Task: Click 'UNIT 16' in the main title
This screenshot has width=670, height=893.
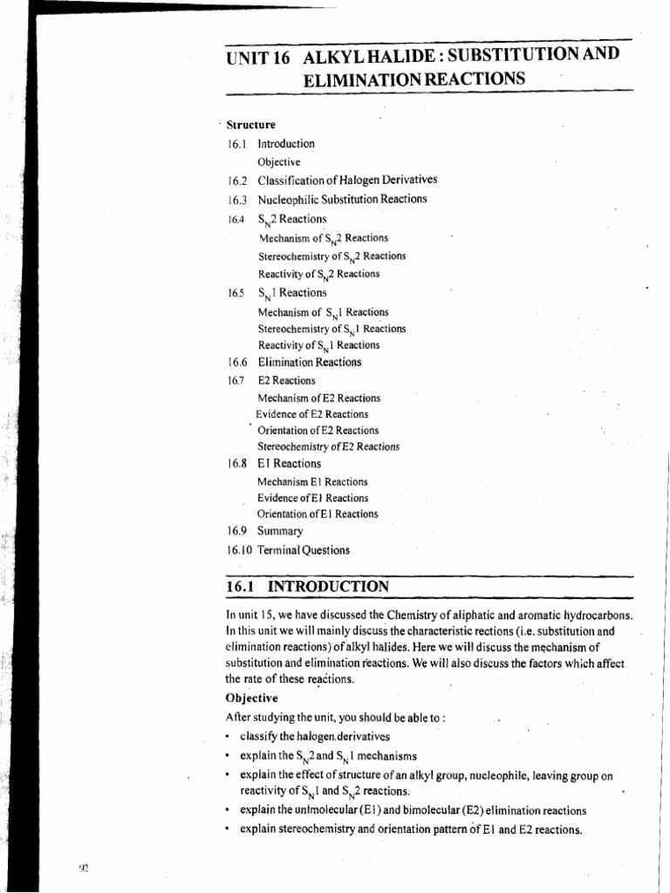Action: click(x=254, y=57)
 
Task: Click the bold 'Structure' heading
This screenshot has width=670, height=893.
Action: click(x=251, y=125)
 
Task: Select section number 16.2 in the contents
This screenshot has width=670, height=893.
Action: click(x=236, y=181)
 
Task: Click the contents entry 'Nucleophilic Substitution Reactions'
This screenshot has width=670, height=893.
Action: click(x=342, y=199)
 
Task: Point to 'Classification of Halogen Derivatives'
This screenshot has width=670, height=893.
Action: click(x=347, y=181)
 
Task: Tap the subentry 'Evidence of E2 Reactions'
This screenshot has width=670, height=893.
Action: click(x=312, y=414)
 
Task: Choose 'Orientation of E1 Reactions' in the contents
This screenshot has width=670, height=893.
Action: click(x=318, y=514)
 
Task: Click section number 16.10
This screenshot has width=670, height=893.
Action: click(x=238, y=550)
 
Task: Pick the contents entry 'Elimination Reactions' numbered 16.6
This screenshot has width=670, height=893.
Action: click(x=309, y=363)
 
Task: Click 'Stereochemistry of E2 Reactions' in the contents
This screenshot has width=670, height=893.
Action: click(x=328, y=446)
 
